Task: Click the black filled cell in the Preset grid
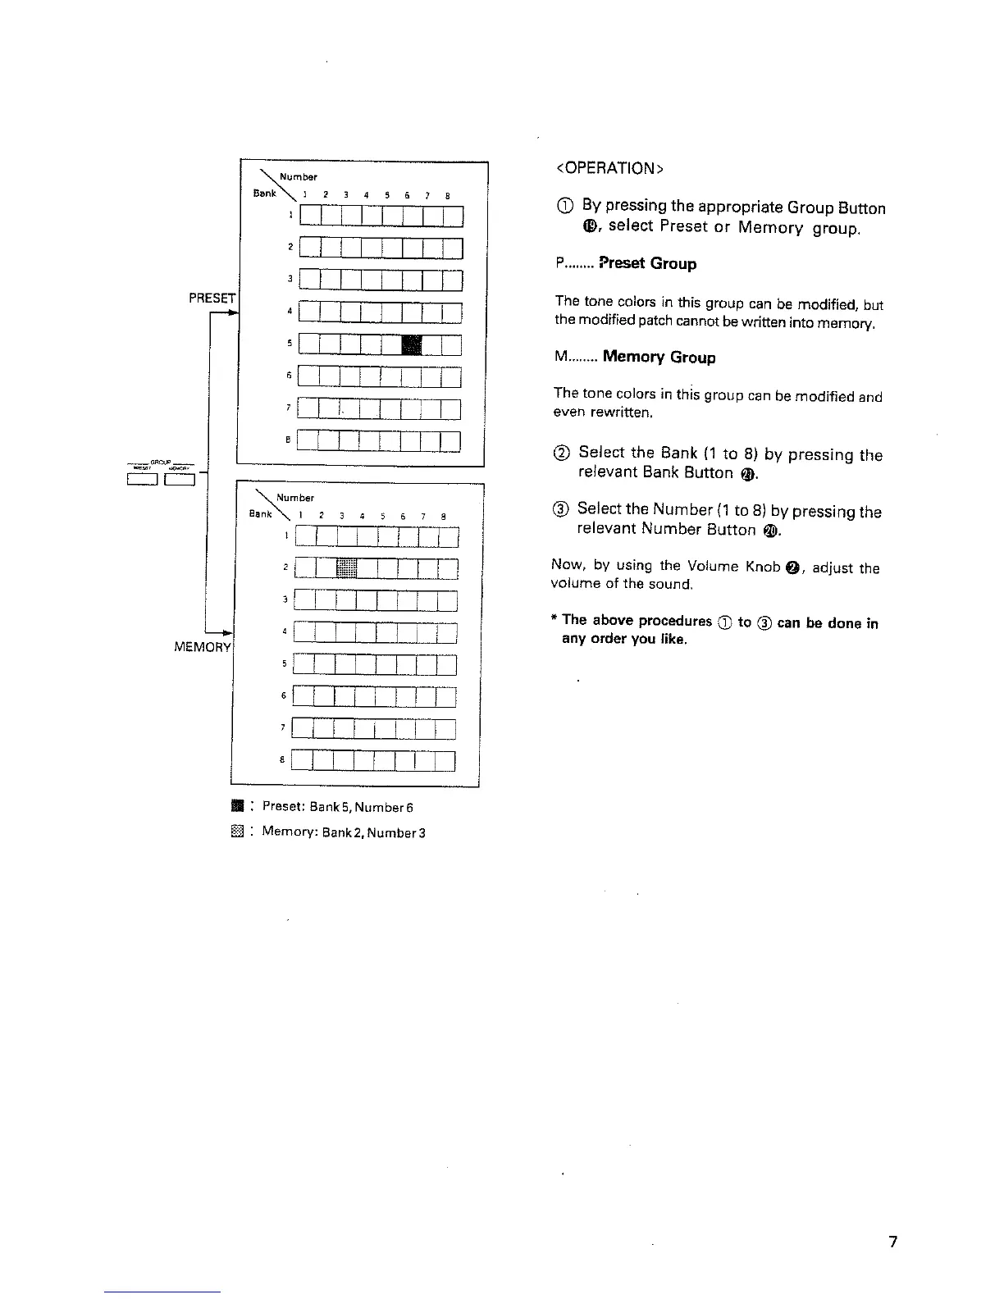point(413,344)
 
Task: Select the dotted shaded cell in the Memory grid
point(346,567)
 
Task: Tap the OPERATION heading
point(609,168)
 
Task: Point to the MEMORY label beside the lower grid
point(203,647)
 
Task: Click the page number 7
point(893,1242)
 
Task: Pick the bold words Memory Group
point(659,357)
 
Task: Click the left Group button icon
point(141,479)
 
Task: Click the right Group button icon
point(179,479)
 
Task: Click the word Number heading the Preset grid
point(298,176)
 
